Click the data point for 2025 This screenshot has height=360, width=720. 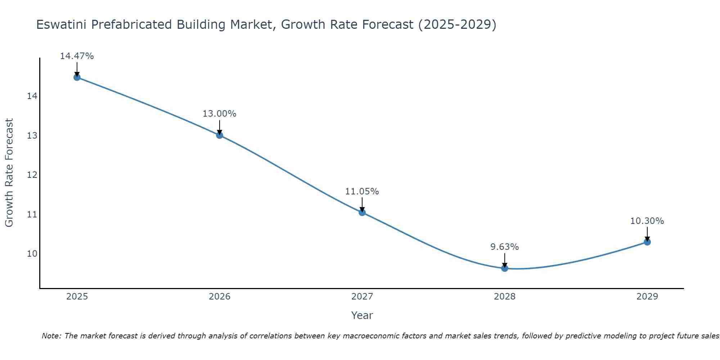77,77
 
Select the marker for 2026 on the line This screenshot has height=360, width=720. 220,135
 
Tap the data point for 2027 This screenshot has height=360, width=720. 362,212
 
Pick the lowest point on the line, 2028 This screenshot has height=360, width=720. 505,268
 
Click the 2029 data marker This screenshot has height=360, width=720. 647,242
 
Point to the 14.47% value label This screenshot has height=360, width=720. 77,56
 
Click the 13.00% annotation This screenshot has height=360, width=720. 219,114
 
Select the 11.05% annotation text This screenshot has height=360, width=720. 362,192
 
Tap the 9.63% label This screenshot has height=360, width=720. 504,247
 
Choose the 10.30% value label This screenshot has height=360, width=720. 647,221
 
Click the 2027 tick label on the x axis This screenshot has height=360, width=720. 362,297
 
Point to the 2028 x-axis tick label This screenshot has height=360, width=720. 505,297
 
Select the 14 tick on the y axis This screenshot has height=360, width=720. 32,96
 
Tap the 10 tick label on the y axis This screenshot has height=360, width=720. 32,254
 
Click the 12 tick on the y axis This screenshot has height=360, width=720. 32,175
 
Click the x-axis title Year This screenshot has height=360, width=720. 362,315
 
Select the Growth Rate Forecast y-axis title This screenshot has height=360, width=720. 9,173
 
